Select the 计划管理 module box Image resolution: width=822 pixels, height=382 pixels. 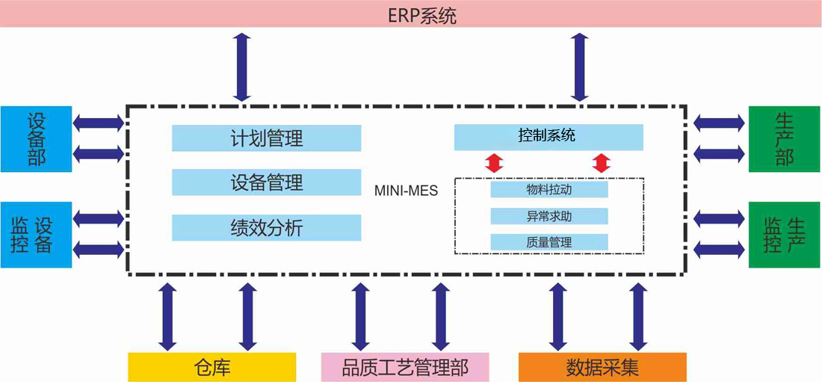point(266,138)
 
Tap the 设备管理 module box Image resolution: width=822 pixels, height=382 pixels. point(266,182)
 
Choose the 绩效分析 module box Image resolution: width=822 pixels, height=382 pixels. point(266,228)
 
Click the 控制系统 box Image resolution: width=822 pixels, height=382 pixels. point(548,137)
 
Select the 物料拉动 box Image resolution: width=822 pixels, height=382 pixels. point(549,189)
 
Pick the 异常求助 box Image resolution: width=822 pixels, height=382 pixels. point(549,215)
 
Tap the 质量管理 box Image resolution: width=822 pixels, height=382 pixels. point(549,242)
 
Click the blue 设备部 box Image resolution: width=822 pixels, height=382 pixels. point(36,139)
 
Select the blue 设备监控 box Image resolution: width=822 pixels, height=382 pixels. point(36,235)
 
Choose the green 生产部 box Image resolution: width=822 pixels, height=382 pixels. point(784,139)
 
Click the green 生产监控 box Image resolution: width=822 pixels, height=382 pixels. point(784,235)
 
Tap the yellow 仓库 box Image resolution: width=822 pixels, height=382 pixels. point(212,367)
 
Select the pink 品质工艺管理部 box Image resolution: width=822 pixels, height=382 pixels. point(405,367)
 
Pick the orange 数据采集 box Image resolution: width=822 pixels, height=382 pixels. point(602,367)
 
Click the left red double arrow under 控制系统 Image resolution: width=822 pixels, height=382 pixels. point(493,163)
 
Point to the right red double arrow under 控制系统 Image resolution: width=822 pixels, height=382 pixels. point(602,163)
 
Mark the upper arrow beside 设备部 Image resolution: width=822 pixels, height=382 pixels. point(99,123)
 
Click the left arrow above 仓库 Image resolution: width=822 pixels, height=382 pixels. point(167,316)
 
